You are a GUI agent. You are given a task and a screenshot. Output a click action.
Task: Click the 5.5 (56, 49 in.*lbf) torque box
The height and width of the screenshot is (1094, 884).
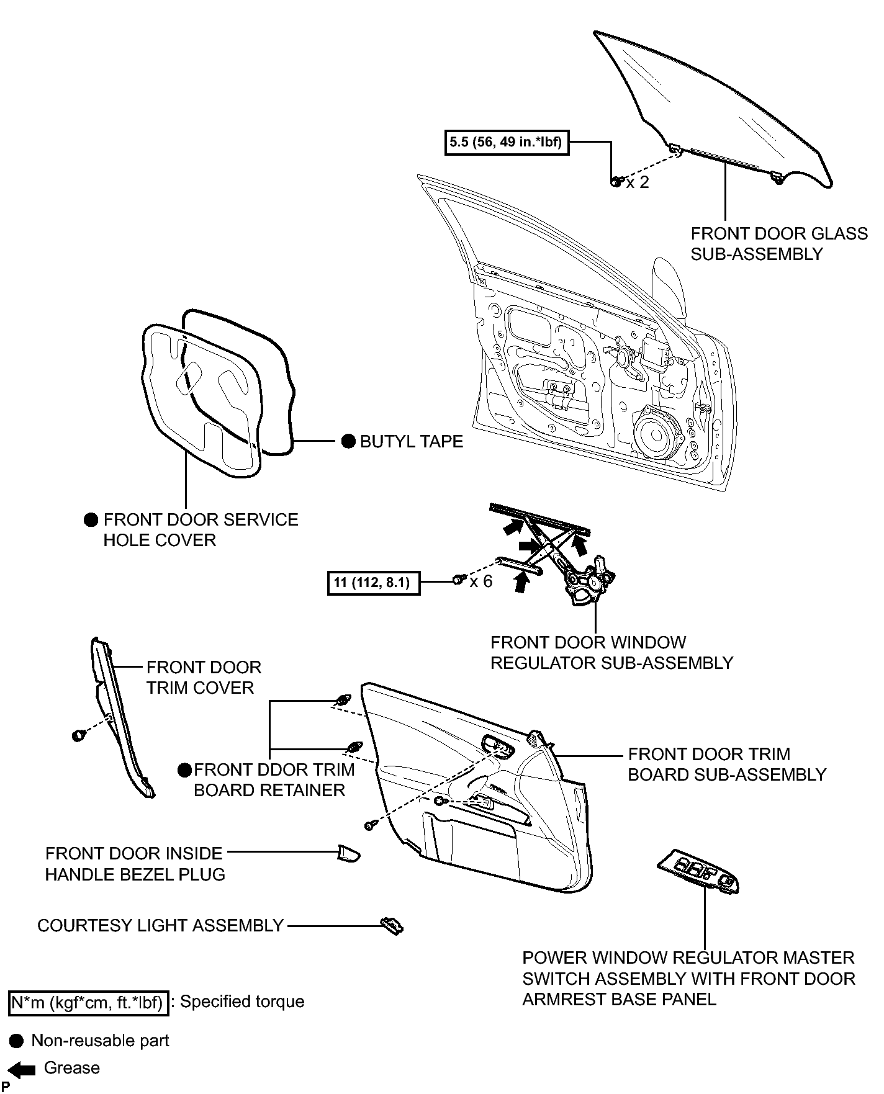click(x=507, y=142)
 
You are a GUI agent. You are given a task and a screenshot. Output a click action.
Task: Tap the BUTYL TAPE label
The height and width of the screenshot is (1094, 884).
click(x=412, y=441)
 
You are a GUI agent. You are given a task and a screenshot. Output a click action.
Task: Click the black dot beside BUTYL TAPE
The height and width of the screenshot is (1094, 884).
click(x=349, y=441)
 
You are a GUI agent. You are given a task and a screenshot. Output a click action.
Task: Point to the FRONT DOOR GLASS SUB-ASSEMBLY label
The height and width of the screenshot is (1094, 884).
click(x=779, y=244)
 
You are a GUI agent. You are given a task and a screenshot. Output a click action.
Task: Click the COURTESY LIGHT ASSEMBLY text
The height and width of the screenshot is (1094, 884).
click(x=160, y=925)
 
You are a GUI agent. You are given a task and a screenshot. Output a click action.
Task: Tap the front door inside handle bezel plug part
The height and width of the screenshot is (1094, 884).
click(x=348, y=853)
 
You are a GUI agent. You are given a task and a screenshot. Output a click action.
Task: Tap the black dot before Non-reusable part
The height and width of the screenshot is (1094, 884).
click(x=17, y=1041)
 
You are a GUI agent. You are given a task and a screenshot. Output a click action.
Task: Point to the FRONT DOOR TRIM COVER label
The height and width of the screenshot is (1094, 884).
click(x=204, y=678)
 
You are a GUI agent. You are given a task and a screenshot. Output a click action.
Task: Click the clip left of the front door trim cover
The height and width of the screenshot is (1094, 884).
click(x=78, y=735)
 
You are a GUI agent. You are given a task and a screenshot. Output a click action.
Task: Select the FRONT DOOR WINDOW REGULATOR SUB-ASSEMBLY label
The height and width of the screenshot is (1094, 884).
click(x=611, y=653)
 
